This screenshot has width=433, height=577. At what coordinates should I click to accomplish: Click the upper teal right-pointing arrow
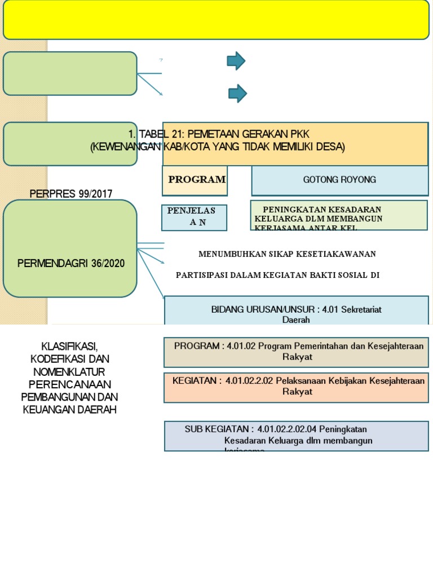click(x=236, y=61)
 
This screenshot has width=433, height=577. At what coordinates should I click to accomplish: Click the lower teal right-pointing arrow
click(x=237, y=94)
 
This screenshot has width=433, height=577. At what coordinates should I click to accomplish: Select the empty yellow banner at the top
click(x=216, y=20)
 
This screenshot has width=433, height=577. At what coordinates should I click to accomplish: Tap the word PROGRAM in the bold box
click(x=196, y=180)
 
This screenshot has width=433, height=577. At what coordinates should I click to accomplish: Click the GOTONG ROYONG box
click(x=339, y=180)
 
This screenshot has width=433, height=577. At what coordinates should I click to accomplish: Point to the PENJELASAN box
click(x=194, y=217)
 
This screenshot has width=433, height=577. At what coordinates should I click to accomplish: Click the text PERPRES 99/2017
click(x=70, y=194)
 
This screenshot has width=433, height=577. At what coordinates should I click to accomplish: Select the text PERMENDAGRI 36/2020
click(x=70, y=263)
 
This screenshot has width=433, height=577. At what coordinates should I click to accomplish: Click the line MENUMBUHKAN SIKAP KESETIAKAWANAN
click(x=287, y=254)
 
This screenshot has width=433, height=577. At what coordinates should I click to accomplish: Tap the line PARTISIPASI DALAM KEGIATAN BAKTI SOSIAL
click(x=277, y=275)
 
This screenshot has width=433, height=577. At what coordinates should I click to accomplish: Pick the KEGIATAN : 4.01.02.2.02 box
click(x=296, y=386)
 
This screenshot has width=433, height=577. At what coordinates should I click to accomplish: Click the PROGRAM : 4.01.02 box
click(x=296, y=351)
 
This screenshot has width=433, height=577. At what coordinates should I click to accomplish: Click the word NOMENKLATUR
click(x=70, y=371)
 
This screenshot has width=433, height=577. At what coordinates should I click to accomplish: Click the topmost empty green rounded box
click(x=70, y=73)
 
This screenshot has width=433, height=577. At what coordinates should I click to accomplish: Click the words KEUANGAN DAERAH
click(x=70, y=410)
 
